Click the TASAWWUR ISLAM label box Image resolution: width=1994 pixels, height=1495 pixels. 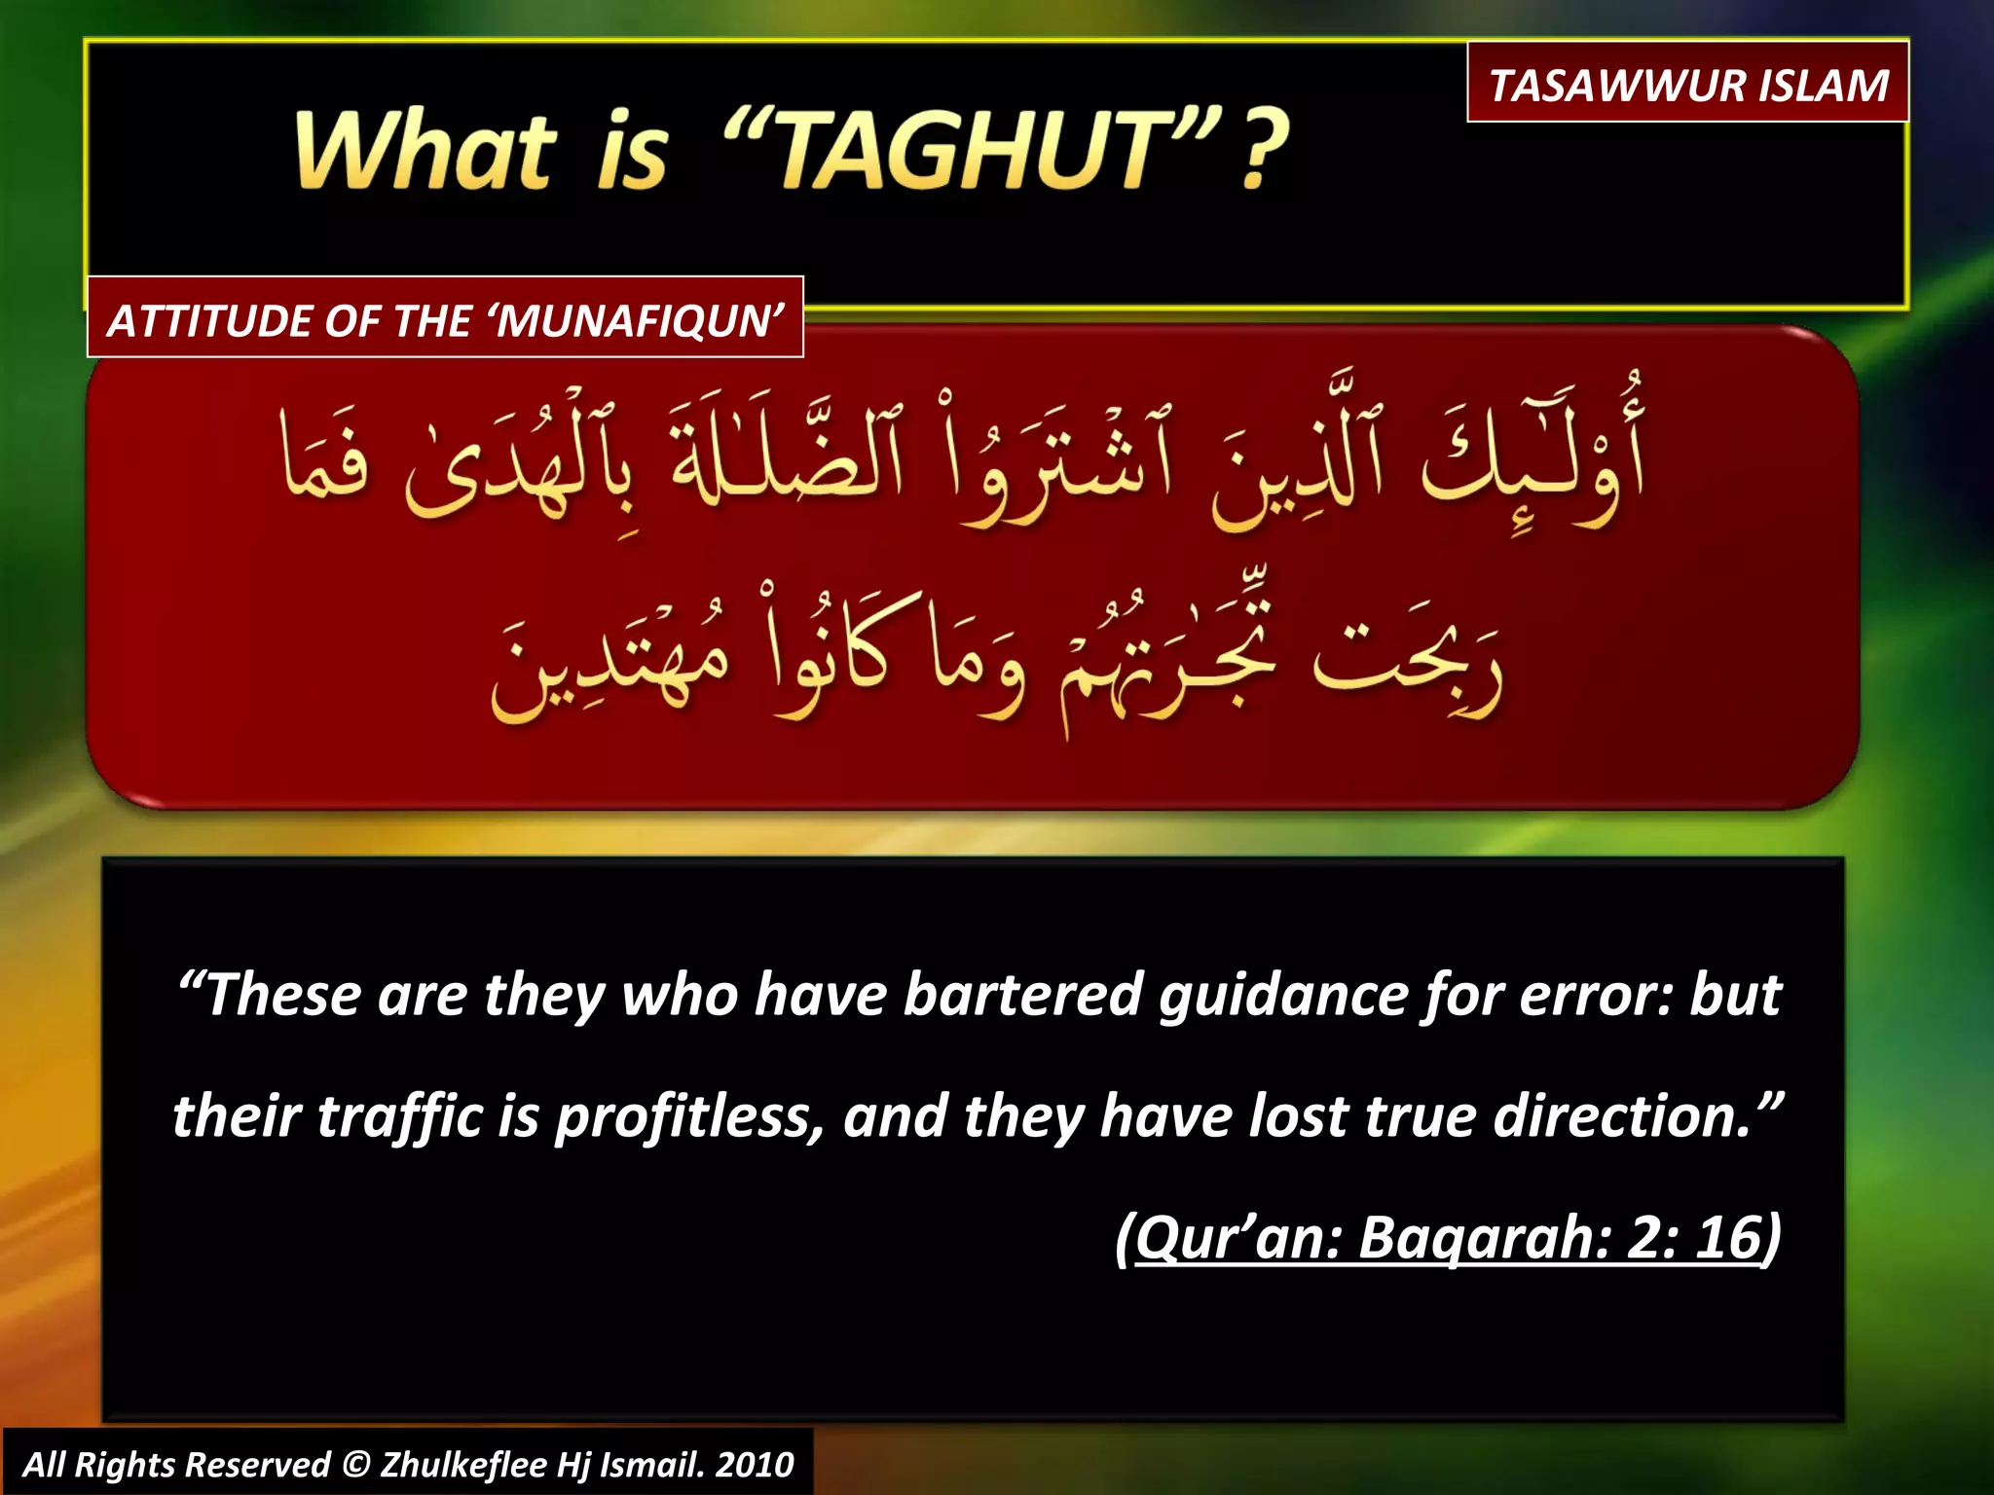pos(1687,84)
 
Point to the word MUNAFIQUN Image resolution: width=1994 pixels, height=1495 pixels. pos(639,320)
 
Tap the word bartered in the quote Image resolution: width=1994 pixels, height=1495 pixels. pos(1021,995)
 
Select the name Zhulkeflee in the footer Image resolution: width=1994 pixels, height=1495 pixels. pos(463,1464)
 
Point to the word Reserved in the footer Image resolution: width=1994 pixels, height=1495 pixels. pos(258,1464)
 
